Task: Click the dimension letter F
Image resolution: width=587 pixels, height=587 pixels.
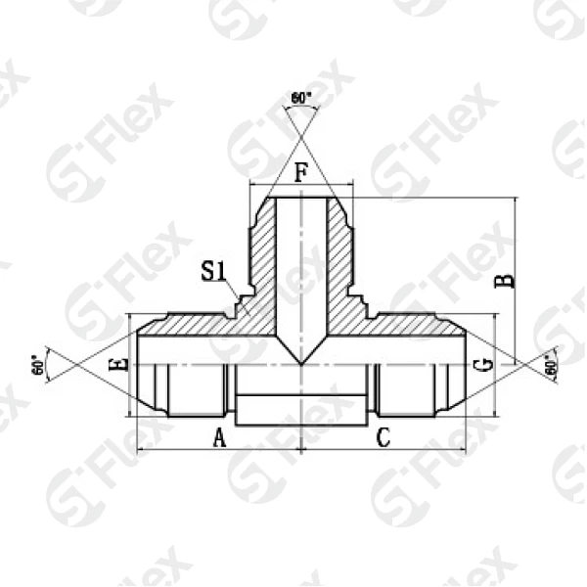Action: tap(301, 174)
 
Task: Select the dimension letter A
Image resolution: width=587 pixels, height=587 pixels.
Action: tap(220, 438)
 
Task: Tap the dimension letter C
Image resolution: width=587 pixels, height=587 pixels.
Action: tap(384, 438)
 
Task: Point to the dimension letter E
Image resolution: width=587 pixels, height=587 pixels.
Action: tap(119, 365)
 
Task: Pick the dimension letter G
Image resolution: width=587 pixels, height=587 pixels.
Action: tap(481, 366)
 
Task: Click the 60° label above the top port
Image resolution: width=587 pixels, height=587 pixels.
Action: tap(301, 98)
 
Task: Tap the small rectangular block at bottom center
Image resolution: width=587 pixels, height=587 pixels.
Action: tap(301, 409)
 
